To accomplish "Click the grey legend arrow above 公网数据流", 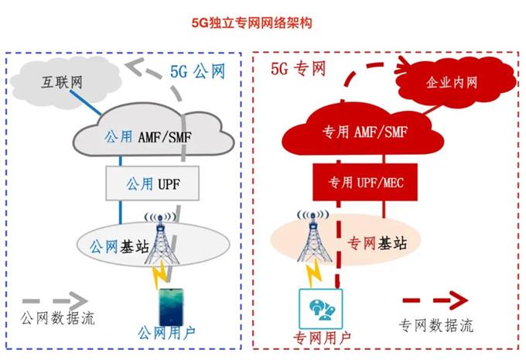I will click(55, 299).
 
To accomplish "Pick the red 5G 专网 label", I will click(298, 68).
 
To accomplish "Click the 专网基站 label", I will click(380, 243).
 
